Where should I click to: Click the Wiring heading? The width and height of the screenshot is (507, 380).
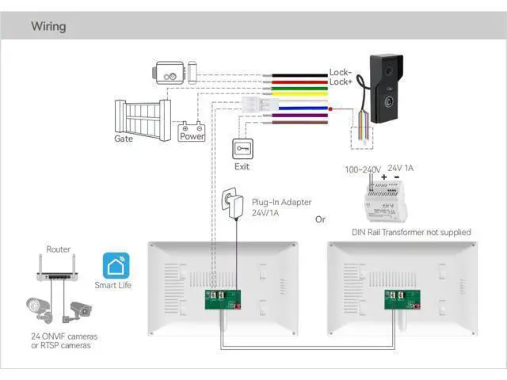(x=48, y=26)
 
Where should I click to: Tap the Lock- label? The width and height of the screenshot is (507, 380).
(x=340, y=73)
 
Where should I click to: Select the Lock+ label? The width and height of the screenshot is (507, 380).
(x=340, y=82)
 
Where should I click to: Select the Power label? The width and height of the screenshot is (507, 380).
(x=192, y=136)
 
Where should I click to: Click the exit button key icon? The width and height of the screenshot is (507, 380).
(x=242, y=149)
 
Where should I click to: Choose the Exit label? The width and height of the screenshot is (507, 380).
(x=242, y=167)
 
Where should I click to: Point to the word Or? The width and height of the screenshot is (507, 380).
(x=320, y=219)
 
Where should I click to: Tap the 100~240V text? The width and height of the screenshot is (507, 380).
(x=363, y=169)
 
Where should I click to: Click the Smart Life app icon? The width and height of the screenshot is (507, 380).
(x=113, y=265)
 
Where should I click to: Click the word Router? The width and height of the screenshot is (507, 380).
(x=59, y=249)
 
